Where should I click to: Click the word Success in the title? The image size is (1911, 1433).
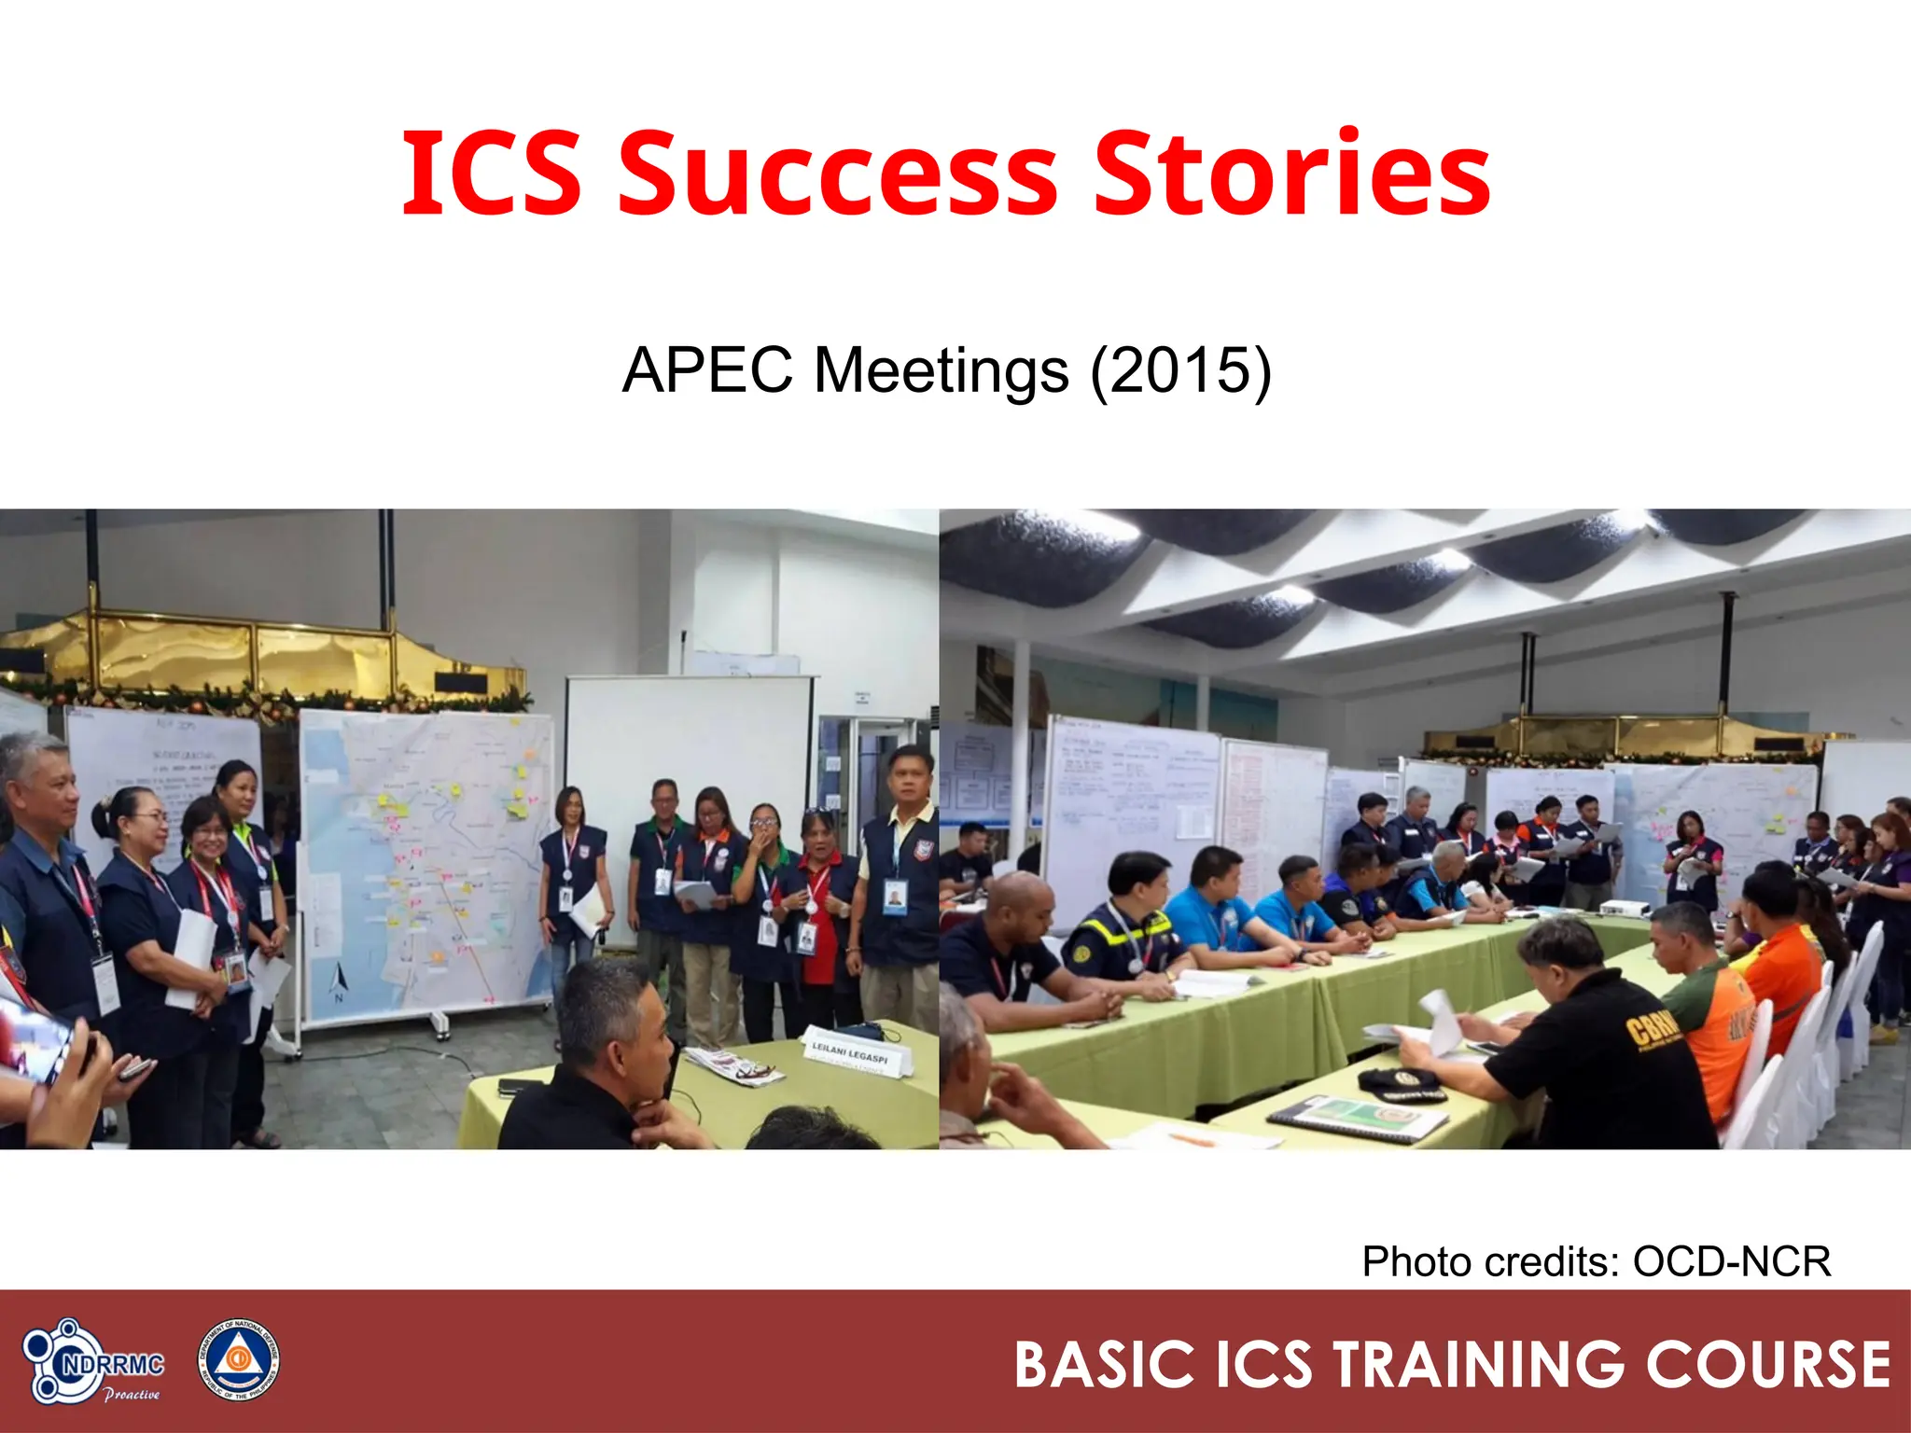837,175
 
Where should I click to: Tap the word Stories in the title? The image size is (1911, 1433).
1291,175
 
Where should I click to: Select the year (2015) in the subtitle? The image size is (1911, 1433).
1181,371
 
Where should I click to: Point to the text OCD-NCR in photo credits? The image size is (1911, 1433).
1731,1262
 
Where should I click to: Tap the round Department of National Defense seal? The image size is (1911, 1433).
238,1360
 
